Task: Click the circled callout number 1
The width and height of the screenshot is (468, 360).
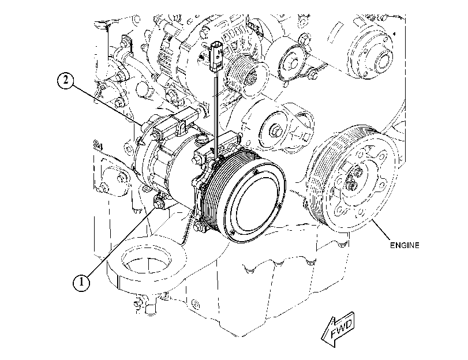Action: point(81,282)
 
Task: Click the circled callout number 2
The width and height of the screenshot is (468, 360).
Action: point(65,81)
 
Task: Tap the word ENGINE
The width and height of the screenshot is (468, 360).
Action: point(405,245)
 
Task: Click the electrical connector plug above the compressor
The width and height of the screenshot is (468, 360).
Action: point(216,55)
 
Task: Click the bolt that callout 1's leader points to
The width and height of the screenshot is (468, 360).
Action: point(158,204)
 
